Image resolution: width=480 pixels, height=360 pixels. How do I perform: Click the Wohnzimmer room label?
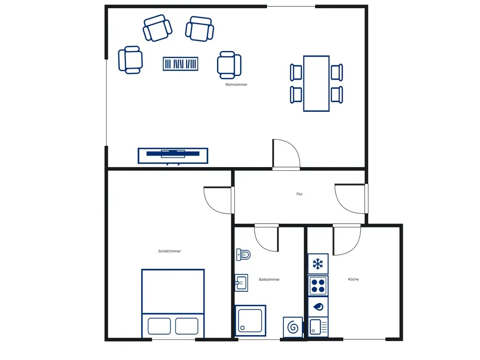pyautogui.click(x=236, y=84)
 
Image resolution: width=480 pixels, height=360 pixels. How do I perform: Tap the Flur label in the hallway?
pyautogui.click(x=300, y=194)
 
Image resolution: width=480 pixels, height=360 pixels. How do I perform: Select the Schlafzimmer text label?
pyautogui.click(x=169, y=251)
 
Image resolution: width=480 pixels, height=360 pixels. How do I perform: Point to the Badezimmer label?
pyautogui.click(x=269, y=279)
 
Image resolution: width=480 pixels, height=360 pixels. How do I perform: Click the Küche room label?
pyautogui.click(x=353, y=279)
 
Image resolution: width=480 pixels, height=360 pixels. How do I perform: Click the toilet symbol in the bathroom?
pyautogui.click(x=243, y=254)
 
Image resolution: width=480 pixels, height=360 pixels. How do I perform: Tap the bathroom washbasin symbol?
pyautogui.click(x=241, y=283)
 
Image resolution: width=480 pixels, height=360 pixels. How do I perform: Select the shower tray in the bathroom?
pyautogui.click(x=251, y=321)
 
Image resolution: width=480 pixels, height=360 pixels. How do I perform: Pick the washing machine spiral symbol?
pyautogui.click(x=293, y=327)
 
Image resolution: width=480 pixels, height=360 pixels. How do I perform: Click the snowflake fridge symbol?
pyautogui.click(x=318, y=264)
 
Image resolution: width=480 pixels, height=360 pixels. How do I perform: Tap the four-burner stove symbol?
pyautogui.click(x=318, y=286)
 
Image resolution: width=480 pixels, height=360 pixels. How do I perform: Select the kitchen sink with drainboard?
pyautogui.click(x=318, y=327)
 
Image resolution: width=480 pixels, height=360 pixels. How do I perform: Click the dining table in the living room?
pyautogui.click(x=316, y=83)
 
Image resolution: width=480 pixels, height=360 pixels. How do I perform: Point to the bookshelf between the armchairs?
pyautogui.click(x=180, y=64)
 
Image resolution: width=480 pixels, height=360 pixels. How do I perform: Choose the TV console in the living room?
pyautogui.click(x=173, y=156)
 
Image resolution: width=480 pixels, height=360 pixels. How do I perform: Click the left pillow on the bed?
pyautogui.click(x=159, y=326)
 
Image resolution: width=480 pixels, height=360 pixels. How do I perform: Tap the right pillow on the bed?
pyautogui.click(x=187, y=326)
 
